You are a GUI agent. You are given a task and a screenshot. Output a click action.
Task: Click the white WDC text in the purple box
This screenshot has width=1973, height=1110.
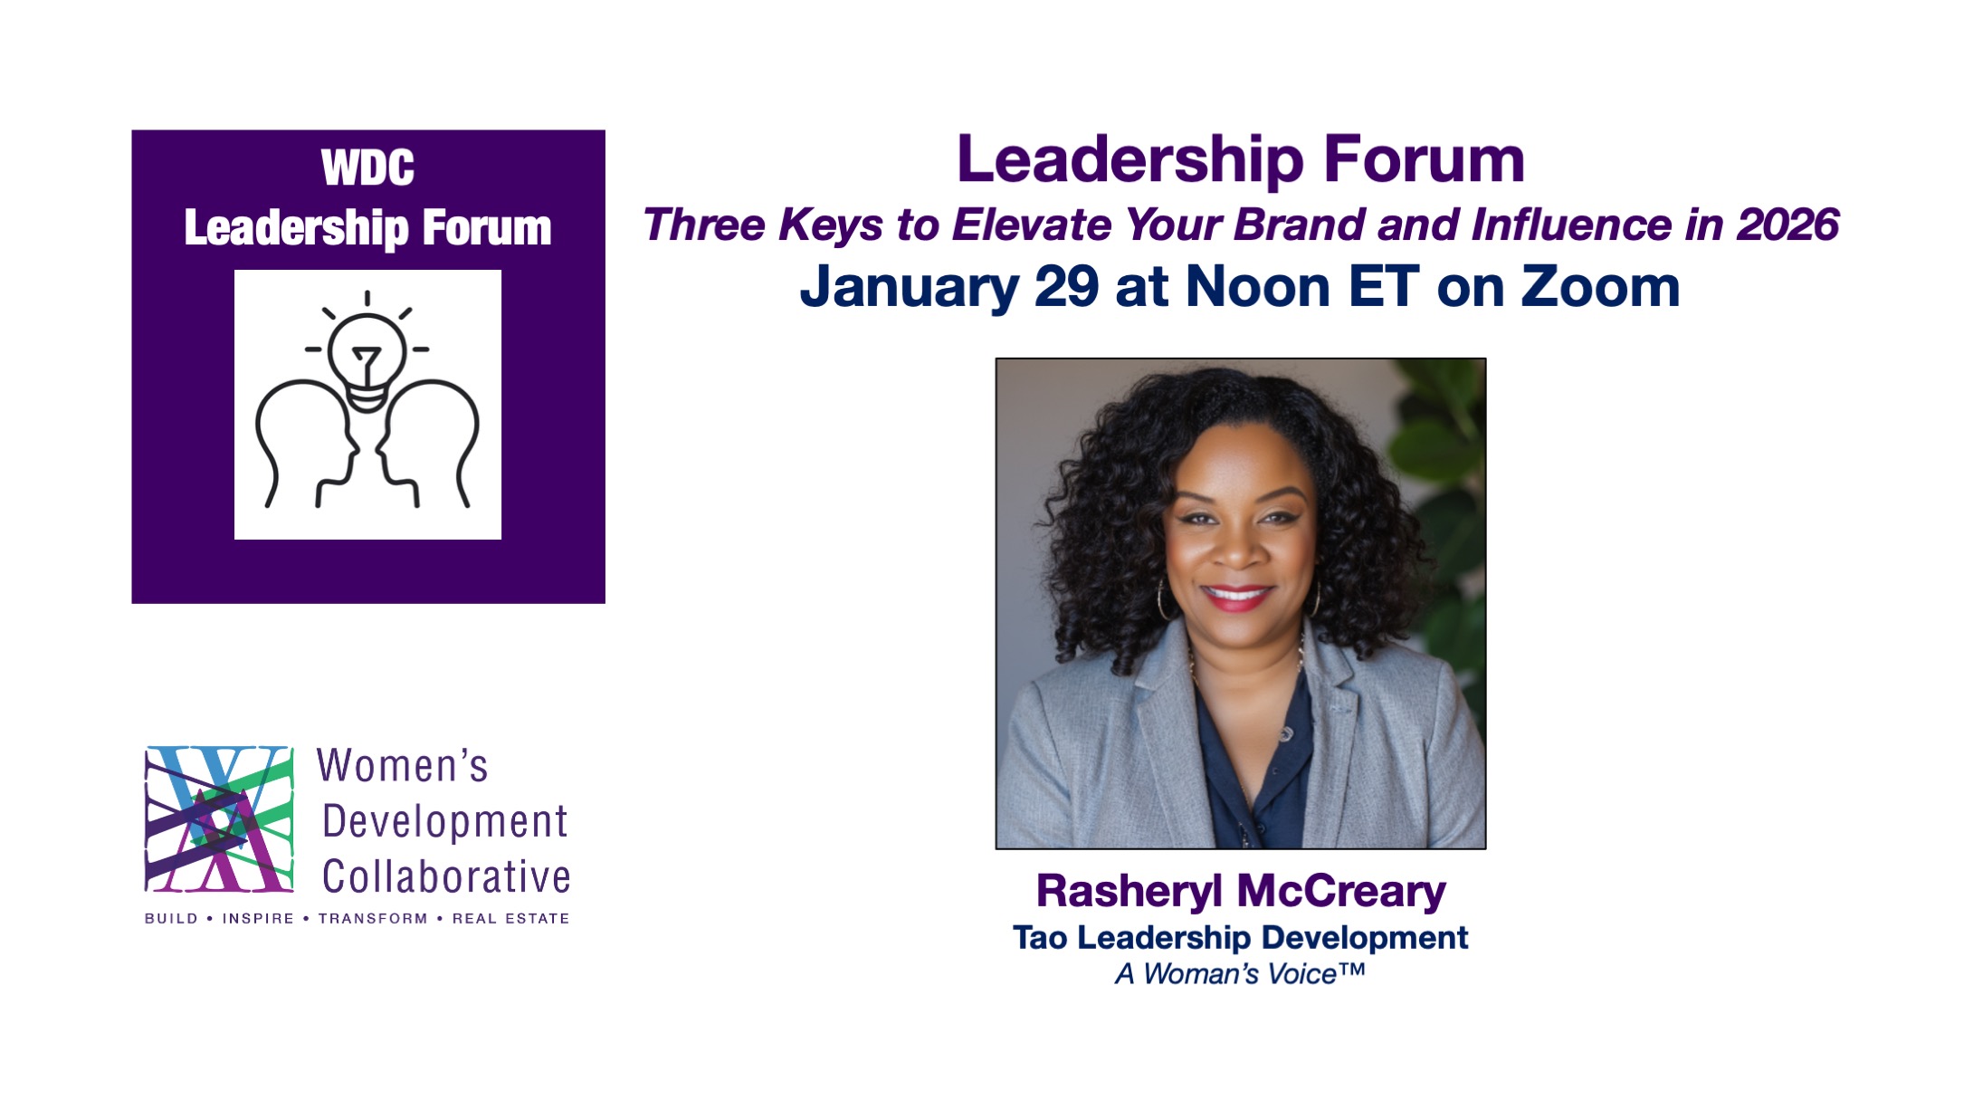[x=367, y=167]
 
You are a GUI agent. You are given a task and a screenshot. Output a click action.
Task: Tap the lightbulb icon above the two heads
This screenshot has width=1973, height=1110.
[x=367, y=352]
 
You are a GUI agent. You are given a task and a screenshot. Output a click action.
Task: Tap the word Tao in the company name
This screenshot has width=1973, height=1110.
[x=1040, y=938]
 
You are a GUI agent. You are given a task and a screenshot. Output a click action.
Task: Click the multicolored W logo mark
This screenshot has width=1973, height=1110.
[x=219, y=819]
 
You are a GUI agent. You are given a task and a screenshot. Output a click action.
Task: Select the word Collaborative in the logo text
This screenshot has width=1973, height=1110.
[x=446, y=876]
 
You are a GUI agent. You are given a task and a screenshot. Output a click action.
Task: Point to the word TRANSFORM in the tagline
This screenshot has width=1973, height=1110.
[x=373, y=918]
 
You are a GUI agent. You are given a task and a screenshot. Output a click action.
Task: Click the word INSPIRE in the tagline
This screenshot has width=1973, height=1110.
[x=258, y=918]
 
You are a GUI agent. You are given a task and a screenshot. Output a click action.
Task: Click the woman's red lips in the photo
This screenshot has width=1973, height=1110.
[x=1236, y=596]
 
